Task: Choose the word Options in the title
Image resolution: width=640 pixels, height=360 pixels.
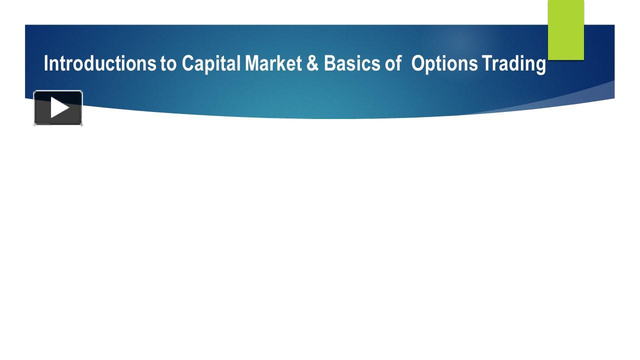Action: click(444, 64)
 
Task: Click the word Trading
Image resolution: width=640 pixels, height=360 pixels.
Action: click(513, 64)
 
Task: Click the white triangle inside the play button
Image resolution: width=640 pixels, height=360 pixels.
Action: click(59, 107)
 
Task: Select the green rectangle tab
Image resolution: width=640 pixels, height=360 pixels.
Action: click(566, 30)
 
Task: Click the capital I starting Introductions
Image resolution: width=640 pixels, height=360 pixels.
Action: click(46, 64)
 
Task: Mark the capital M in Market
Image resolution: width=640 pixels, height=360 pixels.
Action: click(251, 64)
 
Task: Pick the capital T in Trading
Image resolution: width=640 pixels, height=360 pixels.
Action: click(486, 64)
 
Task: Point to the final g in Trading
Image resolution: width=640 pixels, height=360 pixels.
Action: click(540, 65)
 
